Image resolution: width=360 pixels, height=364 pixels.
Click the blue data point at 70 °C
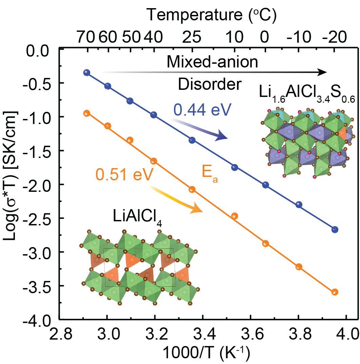click(x=87, y=73)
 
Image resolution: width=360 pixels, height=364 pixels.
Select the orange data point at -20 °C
click(x=335, y=292)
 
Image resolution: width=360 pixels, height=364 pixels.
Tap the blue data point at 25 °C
click(x=192, y=140)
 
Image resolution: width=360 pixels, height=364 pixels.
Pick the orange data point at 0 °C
click(x=265, y=243)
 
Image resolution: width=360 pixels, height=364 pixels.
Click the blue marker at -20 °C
click(x=335, y=229)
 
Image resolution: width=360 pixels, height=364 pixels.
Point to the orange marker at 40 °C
click(x=154, y=161)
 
